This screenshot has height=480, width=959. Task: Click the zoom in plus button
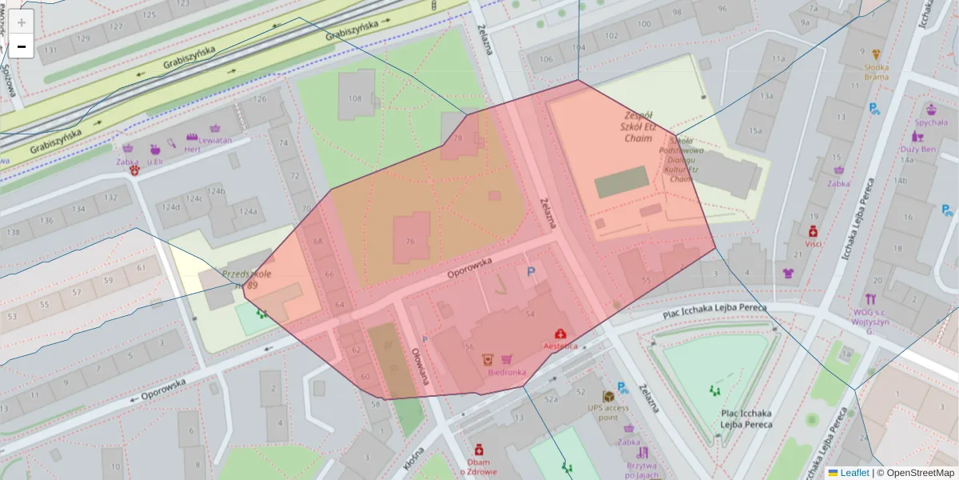click(22, 22)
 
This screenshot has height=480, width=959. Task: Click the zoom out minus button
click(22, 47)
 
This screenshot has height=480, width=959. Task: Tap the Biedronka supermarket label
click(507, 372)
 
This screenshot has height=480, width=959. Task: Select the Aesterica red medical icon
click(560, 334)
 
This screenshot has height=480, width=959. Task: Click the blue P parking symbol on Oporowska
click(530, 274)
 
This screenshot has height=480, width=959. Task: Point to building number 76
click(410, 242)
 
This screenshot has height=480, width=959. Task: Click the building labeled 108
click(355, 99)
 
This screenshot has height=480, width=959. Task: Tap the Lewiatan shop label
click(214, 139)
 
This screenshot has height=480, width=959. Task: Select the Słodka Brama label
click(877, 72)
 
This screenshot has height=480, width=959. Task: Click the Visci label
click(814, 243)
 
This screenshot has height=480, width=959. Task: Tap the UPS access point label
click(608, 412)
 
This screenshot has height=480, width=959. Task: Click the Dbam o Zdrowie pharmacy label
click(479, 466)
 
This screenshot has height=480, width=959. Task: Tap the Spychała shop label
click(931, 122)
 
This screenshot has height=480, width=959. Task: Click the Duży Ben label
click(917, 149)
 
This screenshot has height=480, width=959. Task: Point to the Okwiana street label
click(420, 366)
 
